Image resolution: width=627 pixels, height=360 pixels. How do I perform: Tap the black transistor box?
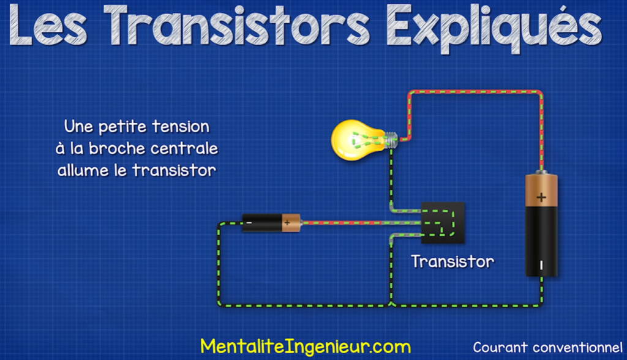pyautogui.click(x=443, y=223)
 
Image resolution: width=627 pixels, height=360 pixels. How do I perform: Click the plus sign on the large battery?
pyautogui.click(x=541, y=197)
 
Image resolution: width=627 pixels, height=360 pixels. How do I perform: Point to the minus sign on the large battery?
pyautogui.click(x=541, y=265)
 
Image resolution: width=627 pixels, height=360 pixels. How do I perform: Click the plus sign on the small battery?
pyautogui.click(x=287, y=223)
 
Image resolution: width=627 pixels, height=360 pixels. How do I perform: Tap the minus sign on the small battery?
pyautogui.click(x=249, y=222)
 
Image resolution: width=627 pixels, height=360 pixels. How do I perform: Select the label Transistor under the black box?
pyautogui.click(x=452, y=261)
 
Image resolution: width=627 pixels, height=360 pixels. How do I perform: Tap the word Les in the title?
pyautogui.click(x=48, y=26)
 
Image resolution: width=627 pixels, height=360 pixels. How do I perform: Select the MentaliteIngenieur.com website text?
pyautogui.click(x=305, y=347)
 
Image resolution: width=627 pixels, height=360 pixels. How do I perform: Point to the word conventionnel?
pyautogui.click(x=577, y=347)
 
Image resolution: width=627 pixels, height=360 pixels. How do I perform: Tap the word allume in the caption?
pyautogui.click(x=83, y=170)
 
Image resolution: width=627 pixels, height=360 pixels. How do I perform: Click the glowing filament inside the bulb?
pyautogui.click(x=366, y=140)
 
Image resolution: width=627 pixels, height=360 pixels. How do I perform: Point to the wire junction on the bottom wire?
pyautogui.click(x=391, y=305)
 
